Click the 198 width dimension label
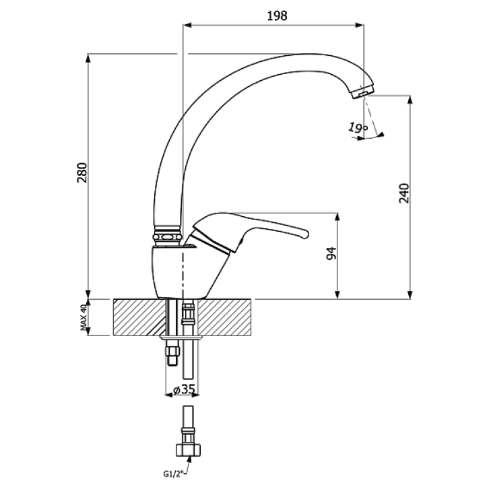(277, 15)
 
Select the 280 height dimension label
(82, 172)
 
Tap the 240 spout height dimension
(404, 193)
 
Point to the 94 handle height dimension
(331, 253)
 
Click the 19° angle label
(358, 127)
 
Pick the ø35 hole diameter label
(184, 389)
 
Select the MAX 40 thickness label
(83, 317)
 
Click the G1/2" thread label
(173, 473)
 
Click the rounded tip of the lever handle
(304, 234)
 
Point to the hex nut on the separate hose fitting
(189, 450)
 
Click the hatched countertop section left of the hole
(139, 317)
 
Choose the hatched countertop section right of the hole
(224, 317)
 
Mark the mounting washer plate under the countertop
(181, 337)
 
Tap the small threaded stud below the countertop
(172, 352)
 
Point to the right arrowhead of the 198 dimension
(359, 25)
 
